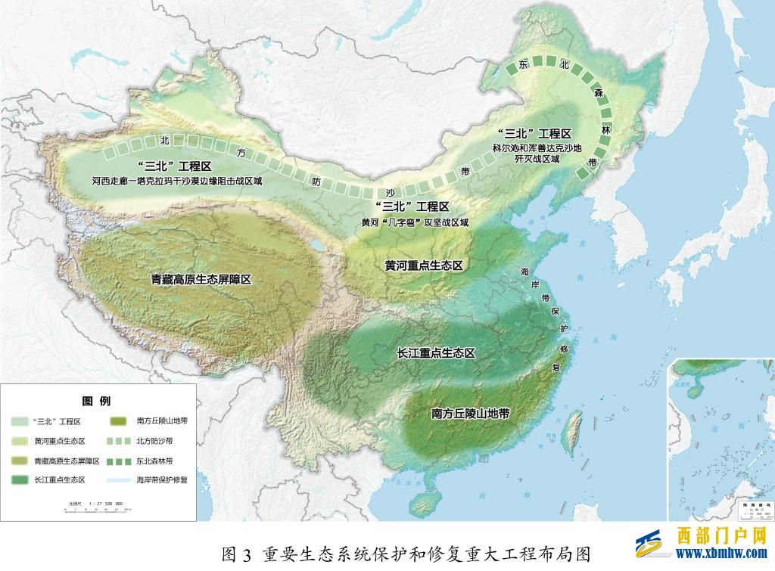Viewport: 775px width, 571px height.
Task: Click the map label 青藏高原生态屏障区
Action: click(x=201, y=279)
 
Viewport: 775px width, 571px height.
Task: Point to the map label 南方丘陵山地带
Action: click(x=470, y=414)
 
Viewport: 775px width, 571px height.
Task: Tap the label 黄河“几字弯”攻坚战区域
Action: click(x=415, y=223)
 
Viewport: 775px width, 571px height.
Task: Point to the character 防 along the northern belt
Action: click(x=317, y=182)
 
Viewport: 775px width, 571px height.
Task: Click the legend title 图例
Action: click(x=96, y=401)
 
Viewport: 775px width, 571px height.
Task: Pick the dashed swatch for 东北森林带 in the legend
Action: click(x=120, y=461)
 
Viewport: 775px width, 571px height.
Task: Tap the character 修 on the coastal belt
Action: click(x=562, y=349)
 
